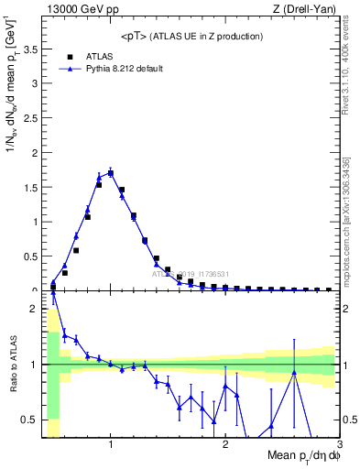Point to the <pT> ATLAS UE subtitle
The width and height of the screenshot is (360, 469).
tap(191, 36)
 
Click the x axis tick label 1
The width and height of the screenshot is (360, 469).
tap(111, 445)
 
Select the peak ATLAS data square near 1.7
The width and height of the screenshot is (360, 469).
tap(111, 172)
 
